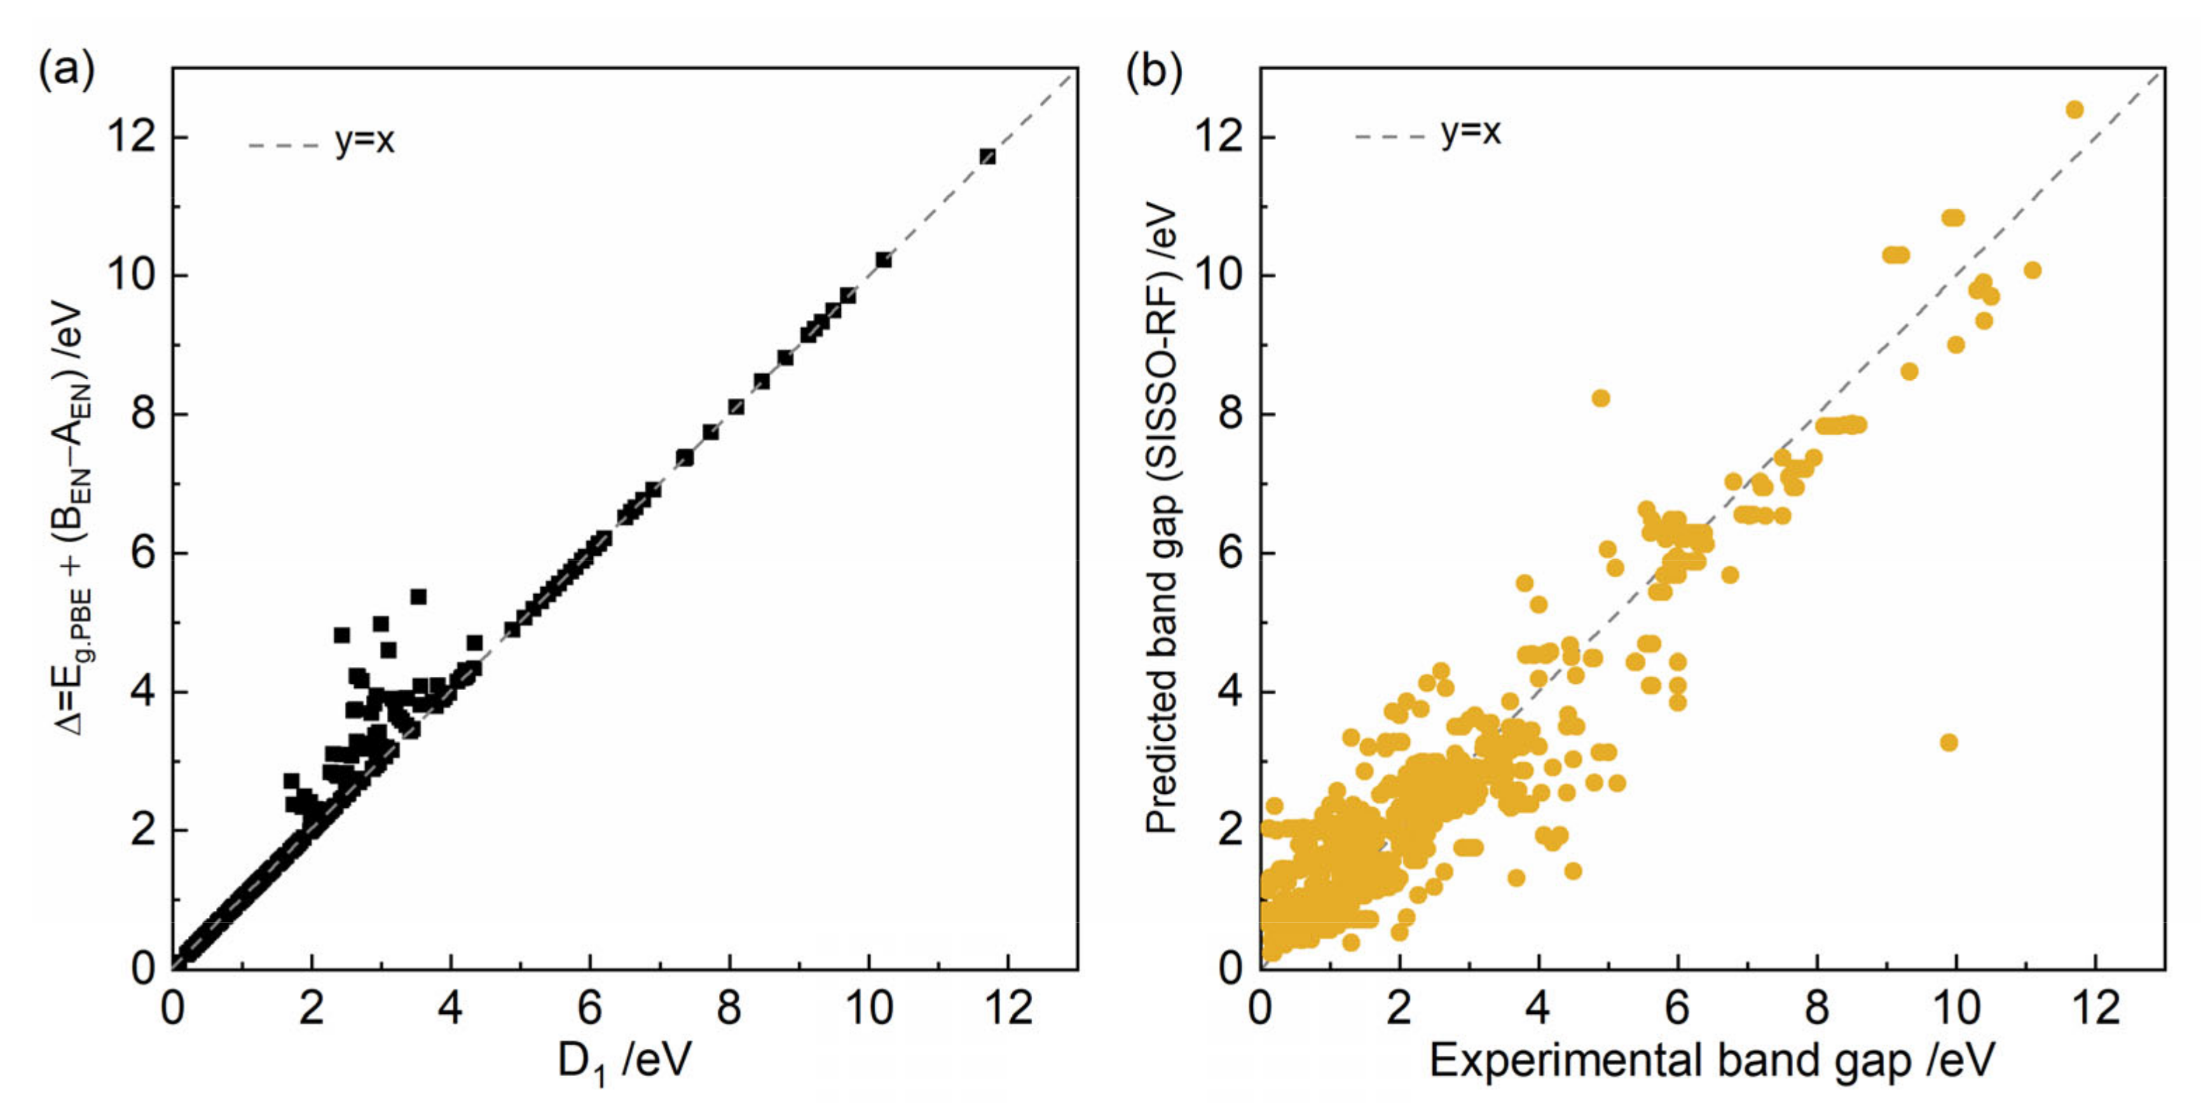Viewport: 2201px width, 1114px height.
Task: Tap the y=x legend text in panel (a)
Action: [365, 141]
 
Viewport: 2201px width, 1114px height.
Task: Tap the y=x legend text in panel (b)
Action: [1469, 132]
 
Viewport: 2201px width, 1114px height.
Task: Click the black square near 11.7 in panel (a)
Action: [988, 156]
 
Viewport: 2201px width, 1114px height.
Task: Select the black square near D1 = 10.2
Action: [884, 260]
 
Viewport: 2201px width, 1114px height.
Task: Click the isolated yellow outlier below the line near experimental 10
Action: [1949, 743]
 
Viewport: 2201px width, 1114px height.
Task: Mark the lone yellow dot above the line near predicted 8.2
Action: [1601, 398]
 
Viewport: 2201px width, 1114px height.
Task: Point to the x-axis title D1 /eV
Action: [624, 1062]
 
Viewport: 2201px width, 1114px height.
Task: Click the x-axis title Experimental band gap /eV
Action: [1711, 1061]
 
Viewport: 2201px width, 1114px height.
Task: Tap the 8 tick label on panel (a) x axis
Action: [729, 1009]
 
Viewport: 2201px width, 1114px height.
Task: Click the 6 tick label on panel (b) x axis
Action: [1678, 1009]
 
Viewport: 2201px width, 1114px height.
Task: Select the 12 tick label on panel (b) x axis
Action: [2095, 1009]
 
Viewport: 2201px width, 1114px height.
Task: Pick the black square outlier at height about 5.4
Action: [418, 596]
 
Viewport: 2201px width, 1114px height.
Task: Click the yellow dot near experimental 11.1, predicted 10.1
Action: [2033, 270]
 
